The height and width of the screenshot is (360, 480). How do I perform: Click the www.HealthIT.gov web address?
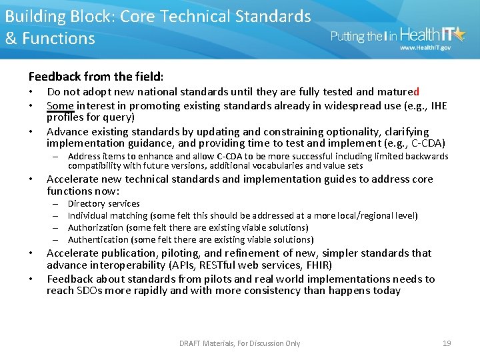pyautogui.click(x=425, y=48)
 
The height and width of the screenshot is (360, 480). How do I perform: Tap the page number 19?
pyautogui.click(x=447, y=343)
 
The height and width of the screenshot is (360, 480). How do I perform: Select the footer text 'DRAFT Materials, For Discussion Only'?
pyautogui.click(x=239, y=343)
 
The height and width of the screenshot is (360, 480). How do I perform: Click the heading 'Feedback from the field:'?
pyautogui.click(x=96, y=77)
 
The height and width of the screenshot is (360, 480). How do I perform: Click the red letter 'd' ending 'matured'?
pyautogui.click(x=417, y=92)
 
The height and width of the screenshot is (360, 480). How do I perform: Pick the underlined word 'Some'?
pyautogui.click(x=59, y=105)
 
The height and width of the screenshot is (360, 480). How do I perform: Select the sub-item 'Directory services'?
pyautogui.click(x=103, y=203)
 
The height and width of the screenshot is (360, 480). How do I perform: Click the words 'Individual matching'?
pyautogui.click(x=107, y=215)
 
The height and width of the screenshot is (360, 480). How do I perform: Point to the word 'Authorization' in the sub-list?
pyautogui.click(x=94, y=227)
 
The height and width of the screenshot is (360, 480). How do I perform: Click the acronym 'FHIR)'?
pyautogui.click(x=319, y=265)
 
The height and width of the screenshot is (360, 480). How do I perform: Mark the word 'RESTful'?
pyautogui.click(x=227, y=265)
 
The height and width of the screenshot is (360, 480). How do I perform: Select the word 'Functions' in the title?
pyautogui.click(x=59, y=39)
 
